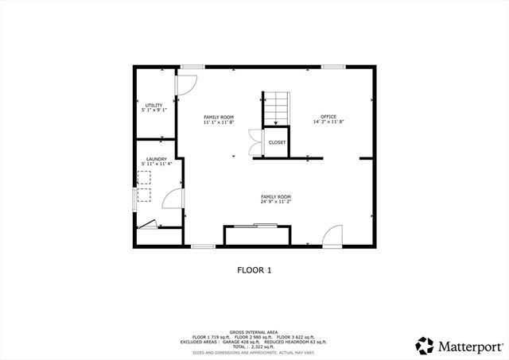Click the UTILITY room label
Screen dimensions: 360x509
[x=153, y=105]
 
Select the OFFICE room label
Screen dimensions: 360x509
[x=328, y=117]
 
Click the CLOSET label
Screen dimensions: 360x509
[x=277, y=142]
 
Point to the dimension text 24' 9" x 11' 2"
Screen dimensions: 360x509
[x=276, y=202]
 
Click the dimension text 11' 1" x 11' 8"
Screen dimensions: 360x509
[x=218, y=122]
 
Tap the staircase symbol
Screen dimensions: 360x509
[x=276, y=107]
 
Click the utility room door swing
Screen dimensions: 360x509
[x=185, y=84]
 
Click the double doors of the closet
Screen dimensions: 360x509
[x=254, y=141]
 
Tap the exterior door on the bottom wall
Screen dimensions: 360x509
[x=333, y=235]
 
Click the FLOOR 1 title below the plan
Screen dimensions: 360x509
[x=254, y=270]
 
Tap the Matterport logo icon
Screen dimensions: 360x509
[x=425, y=346]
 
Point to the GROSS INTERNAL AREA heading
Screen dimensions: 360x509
[x=254, y=331]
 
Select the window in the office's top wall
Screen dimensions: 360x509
[x=332, y=67]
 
